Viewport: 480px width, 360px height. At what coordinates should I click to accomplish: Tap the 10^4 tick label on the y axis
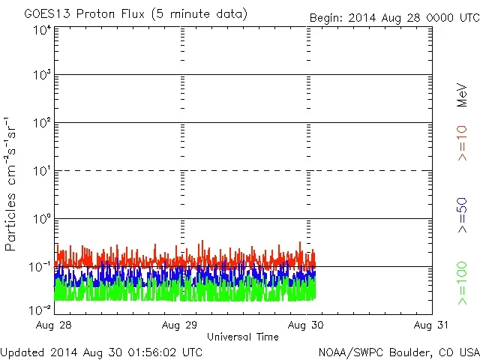[x=42, y=29]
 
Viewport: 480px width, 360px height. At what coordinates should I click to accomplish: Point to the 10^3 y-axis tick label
[x=42, y=76]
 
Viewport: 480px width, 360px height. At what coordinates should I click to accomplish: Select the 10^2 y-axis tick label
[x=42, y=123]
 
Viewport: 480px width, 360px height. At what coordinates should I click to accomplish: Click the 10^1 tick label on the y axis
[x=42, y=171]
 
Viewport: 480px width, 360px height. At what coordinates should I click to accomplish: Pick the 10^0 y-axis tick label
[x=42, y=219]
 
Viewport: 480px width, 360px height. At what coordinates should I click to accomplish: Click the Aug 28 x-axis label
[x=57, y=325]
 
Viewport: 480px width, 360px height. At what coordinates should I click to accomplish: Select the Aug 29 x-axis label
[x=182, y=325]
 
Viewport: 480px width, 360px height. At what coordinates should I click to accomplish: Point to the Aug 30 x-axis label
[x=307, y=325]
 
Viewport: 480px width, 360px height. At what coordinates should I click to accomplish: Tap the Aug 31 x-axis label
[x=432, y=325]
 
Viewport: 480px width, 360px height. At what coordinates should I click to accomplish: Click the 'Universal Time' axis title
[x=243, y=337]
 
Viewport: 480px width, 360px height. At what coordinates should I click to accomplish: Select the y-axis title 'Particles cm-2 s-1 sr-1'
[x=12, y=183]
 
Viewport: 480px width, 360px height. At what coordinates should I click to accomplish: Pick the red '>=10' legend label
[x=462, y=142]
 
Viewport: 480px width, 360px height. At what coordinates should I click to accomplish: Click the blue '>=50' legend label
[x=462, y=213]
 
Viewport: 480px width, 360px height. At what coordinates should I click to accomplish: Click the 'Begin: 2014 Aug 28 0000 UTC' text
[x=394, y=17]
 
